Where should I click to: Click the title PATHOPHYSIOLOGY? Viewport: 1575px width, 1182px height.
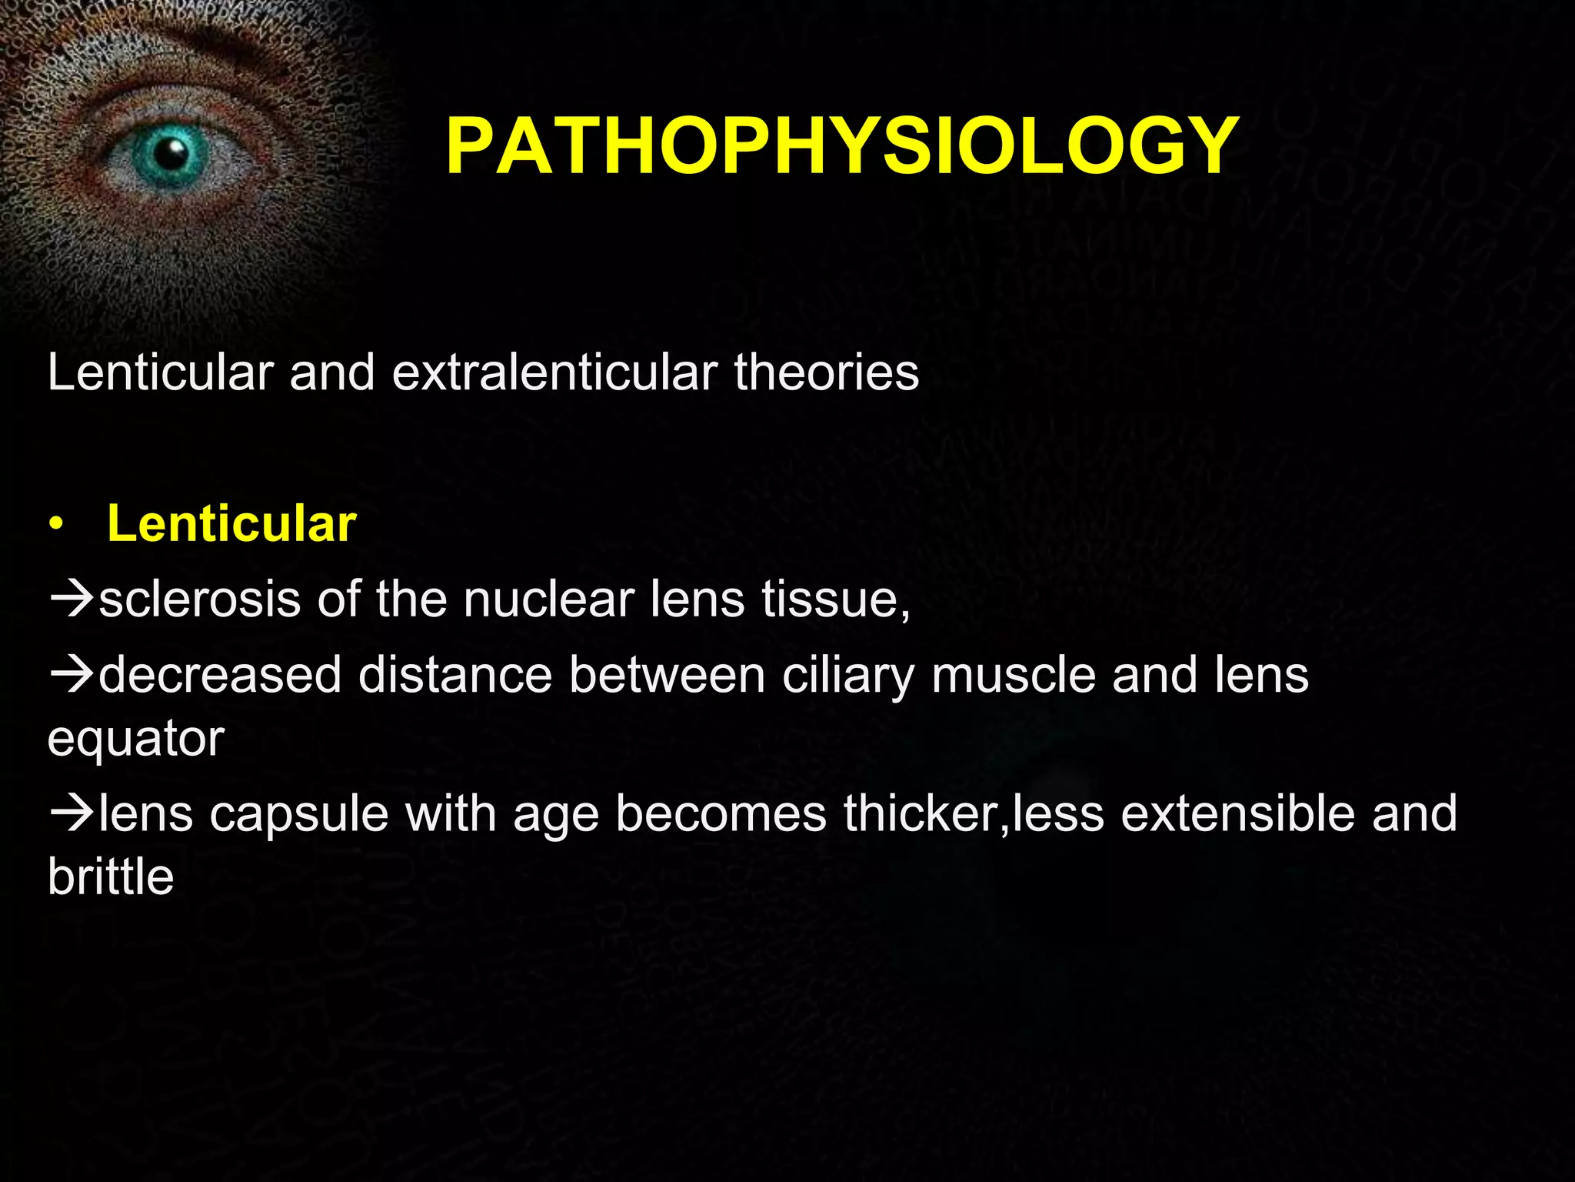[x=842, y=146]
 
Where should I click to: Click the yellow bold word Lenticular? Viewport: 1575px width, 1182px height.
[x=231, y=524]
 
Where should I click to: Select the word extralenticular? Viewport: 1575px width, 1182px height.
[x=554, y=372]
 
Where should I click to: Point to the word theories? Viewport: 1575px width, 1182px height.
[x=826, y=372]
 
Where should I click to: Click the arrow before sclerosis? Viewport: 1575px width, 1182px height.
[x=72, y=600]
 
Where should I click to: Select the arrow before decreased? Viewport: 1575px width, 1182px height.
[x=72, y=675]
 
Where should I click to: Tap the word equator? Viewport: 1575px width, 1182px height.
[x=136, y=739]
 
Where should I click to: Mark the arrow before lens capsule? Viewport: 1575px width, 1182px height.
[x=72, y=814]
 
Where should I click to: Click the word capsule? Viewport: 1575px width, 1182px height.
[x=299, y=814]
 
